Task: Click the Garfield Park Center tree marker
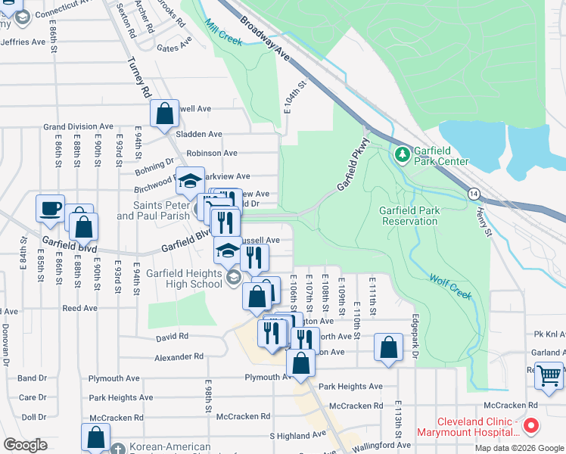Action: tap(402, 154)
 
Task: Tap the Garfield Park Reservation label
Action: tap(409, 216)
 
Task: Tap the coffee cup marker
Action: tap(51, 208)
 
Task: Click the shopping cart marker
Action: tap(549, 375)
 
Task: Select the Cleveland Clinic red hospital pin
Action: tap(530, 427)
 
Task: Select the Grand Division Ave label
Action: tap(78, 127)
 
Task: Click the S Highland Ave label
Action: tap(297, 436)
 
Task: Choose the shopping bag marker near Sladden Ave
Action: tap(164, 114)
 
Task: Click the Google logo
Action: tap(25, 445)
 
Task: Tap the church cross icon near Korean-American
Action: tap(117, 449)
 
